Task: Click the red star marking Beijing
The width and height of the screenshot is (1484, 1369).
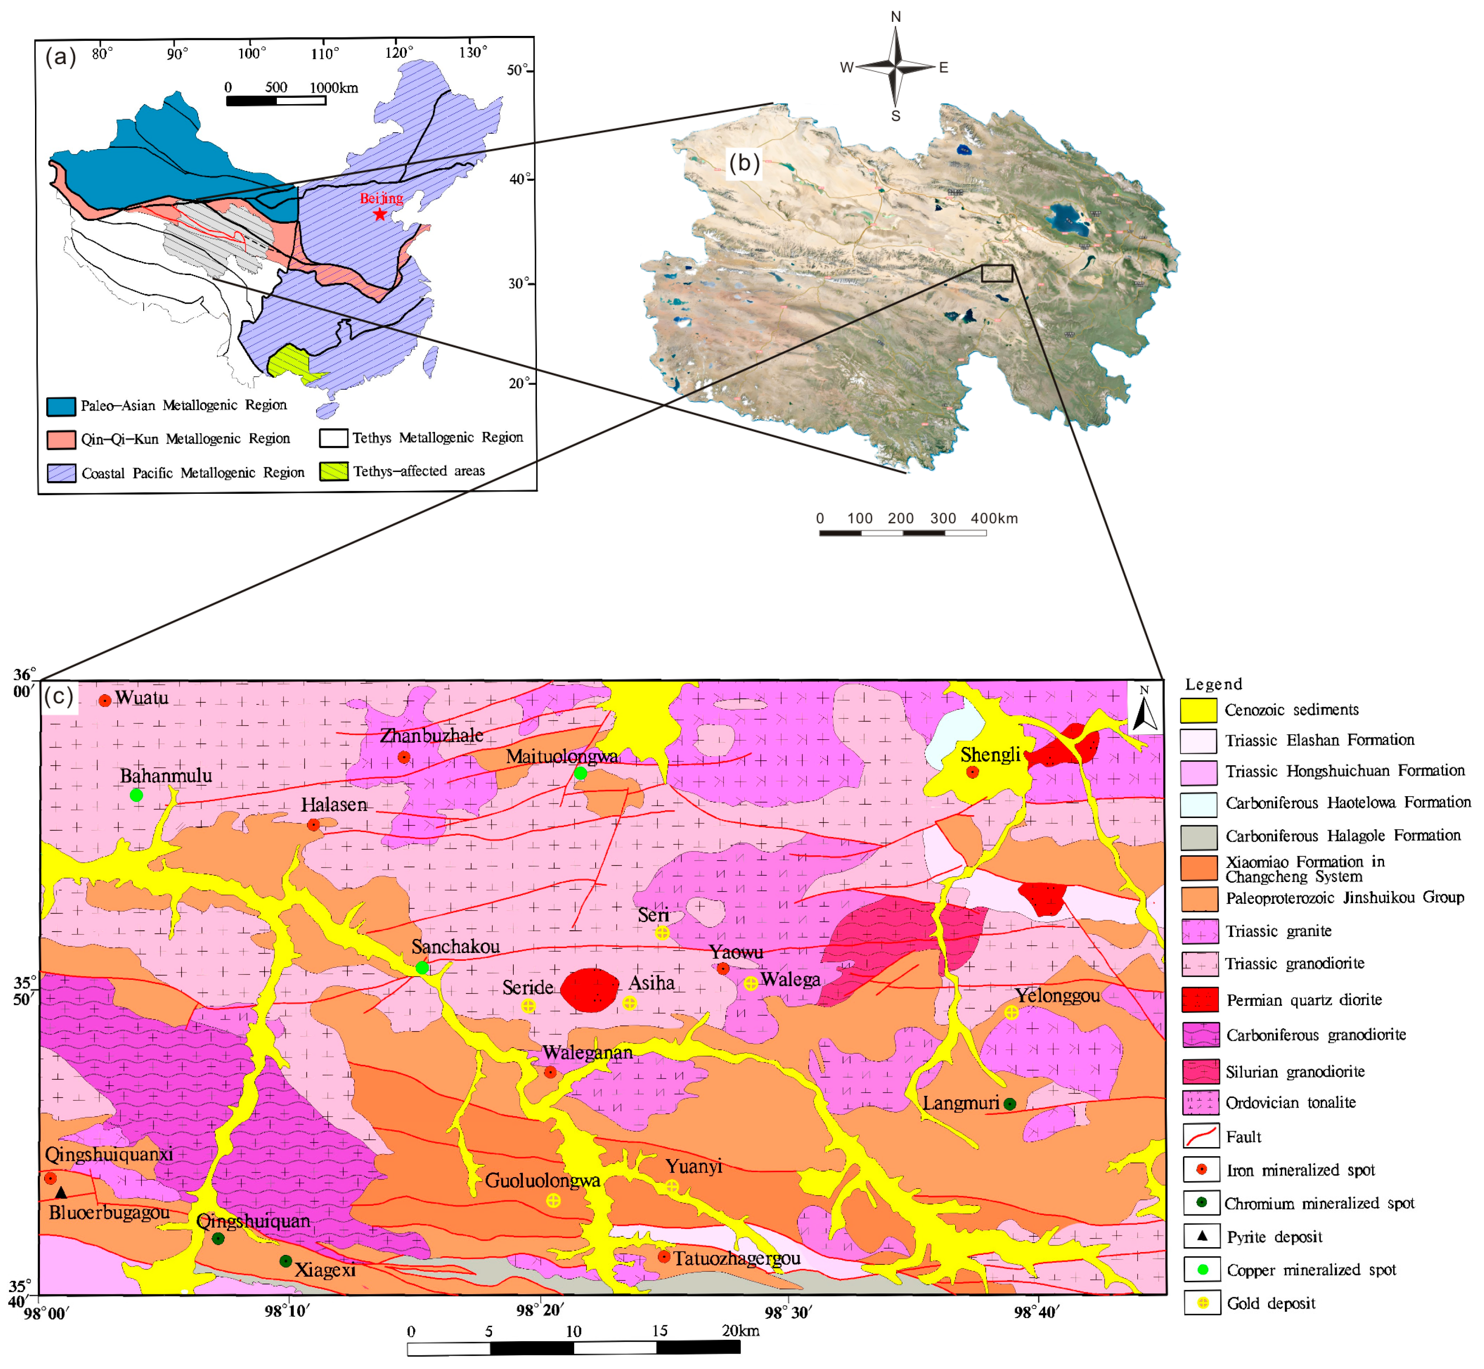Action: [x=379, y=214]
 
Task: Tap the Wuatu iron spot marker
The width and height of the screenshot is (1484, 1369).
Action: [x=105, y=701]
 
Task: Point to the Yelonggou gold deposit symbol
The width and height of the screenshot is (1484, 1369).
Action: [x=1011, y=1013]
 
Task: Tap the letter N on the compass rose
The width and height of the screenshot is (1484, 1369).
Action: [x=896, y=16]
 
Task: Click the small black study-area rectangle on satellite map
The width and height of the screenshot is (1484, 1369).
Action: [x=997, y=273]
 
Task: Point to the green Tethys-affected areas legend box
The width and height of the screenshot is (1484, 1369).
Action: [x=333, y=471]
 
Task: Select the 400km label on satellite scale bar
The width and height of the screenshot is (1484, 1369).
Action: [x=994, y=519]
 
